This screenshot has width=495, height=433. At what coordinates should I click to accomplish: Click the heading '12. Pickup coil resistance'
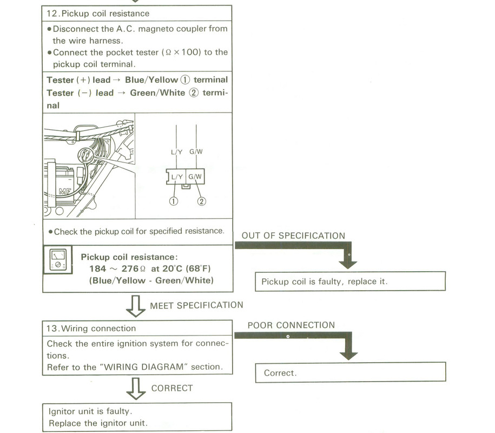(98, 13)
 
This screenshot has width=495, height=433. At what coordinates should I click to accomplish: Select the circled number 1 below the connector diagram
(174, 202)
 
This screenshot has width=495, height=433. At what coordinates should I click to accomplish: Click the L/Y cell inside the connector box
(177, 176)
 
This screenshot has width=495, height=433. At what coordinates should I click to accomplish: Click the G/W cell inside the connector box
(196, 176)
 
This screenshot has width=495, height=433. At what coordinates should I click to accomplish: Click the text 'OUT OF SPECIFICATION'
(293, 236)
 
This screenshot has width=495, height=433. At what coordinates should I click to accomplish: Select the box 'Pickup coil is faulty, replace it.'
(350, 281)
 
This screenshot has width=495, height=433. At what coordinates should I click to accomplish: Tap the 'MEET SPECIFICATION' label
(196, 305)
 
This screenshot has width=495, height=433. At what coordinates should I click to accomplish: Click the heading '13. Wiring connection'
(91, 329)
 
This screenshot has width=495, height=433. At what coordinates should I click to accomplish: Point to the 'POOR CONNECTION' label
(291, 325)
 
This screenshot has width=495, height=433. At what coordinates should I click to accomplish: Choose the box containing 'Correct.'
(350, 373)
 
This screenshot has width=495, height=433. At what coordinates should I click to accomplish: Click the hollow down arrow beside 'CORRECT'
(136, 388)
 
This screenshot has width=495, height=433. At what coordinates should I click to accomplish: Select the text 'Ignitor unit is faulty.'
(91, 411)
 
